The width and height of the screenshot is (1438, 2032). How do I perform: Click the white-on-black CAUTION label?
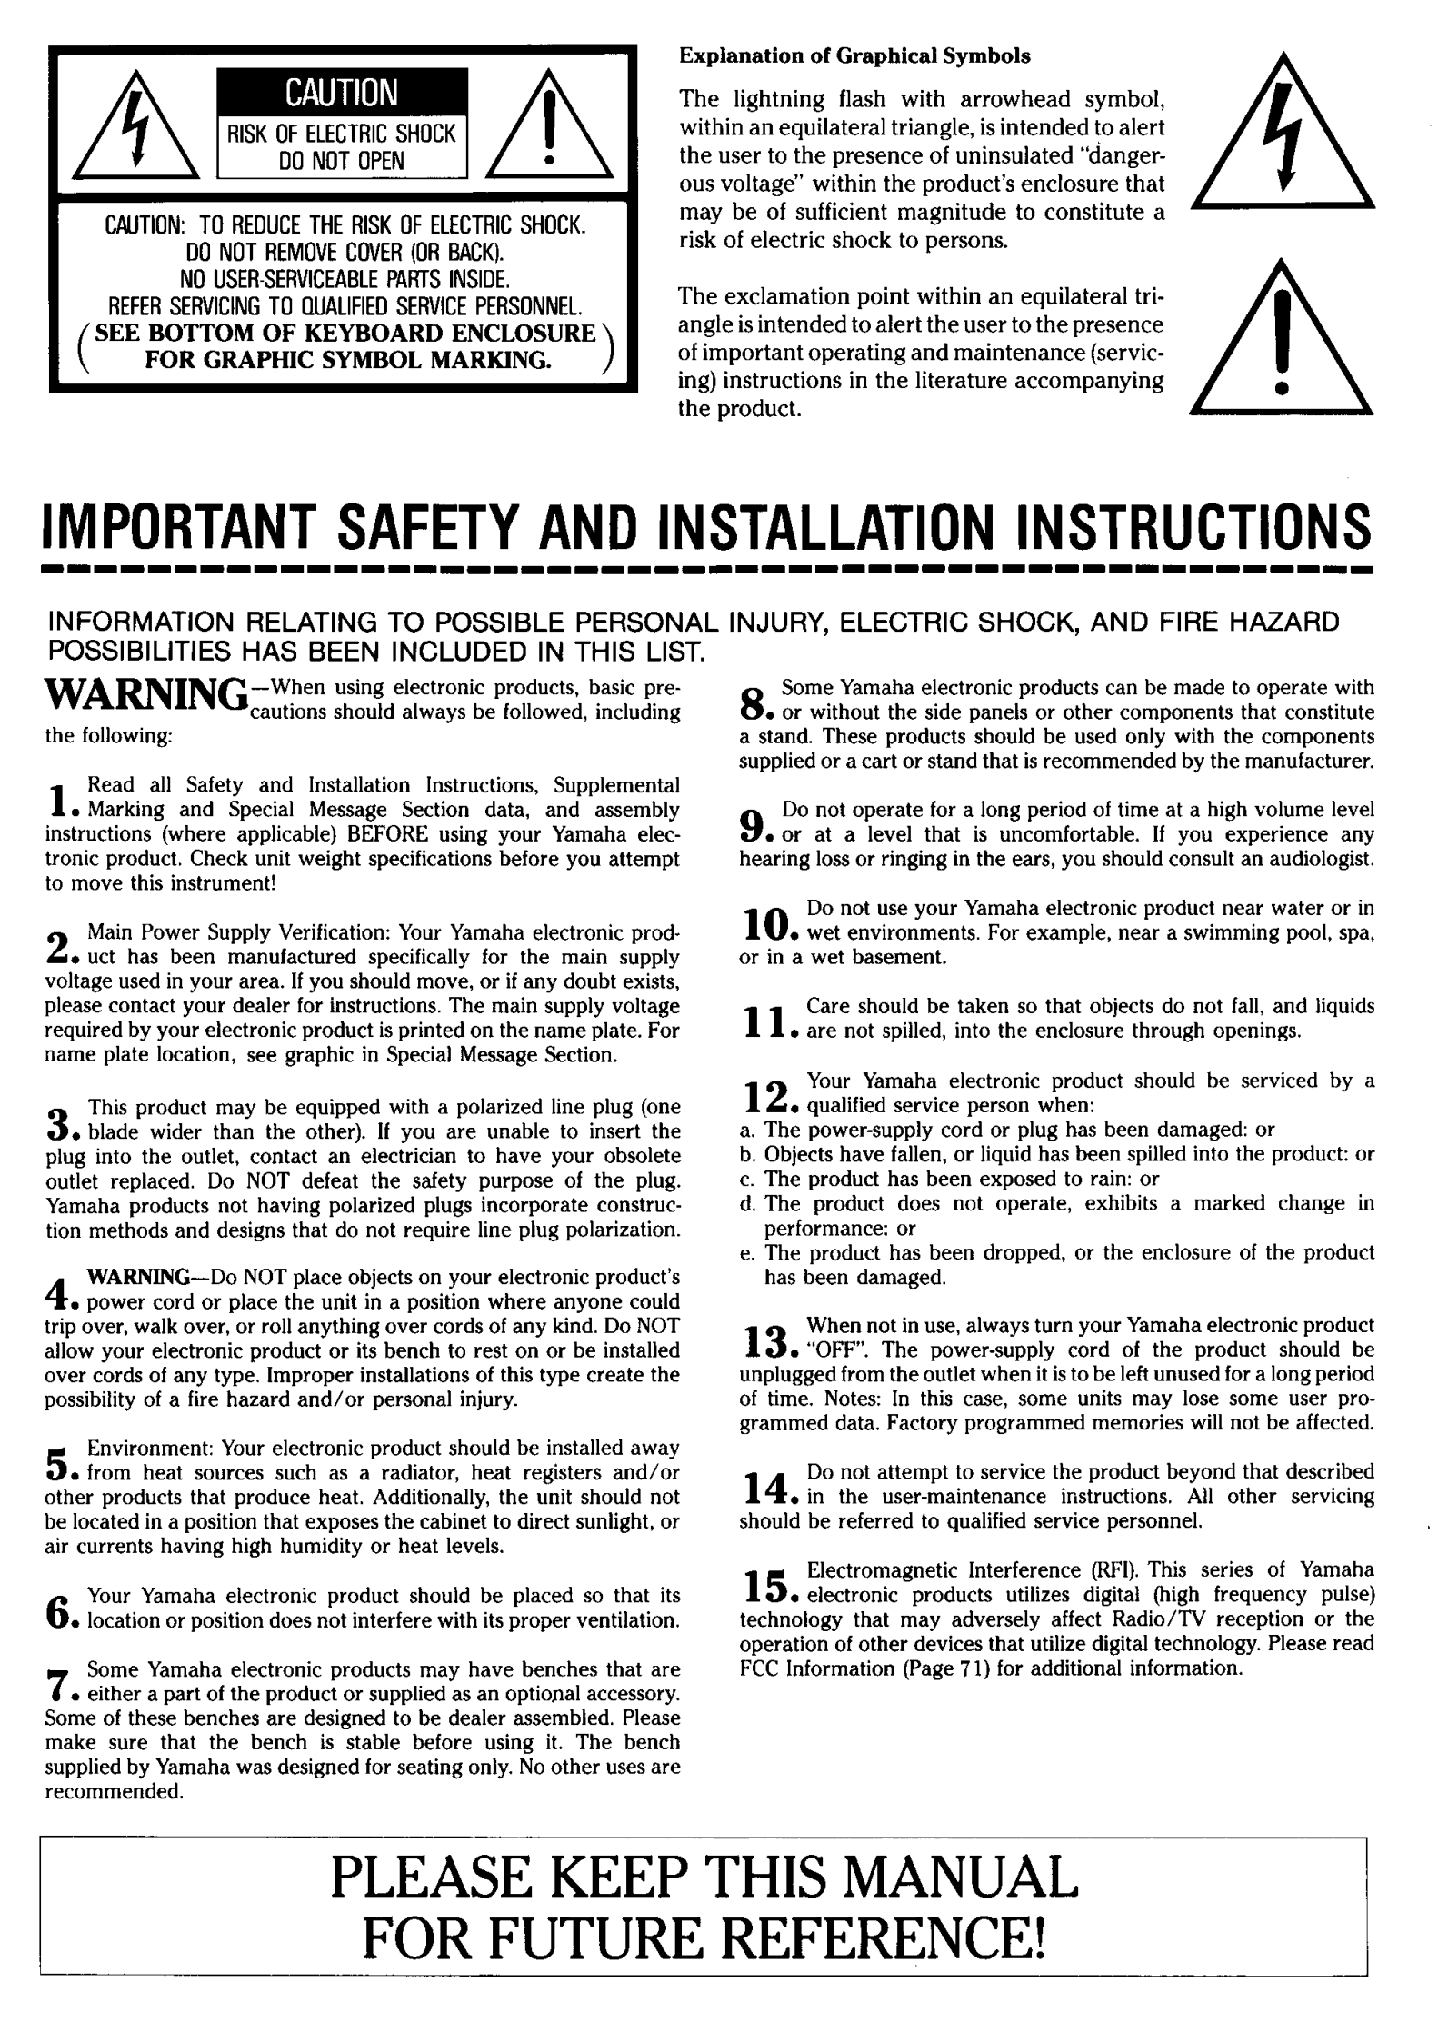click(x=341, y=93)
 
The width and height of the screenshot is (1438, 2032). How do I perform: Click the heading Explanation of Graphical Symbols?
click(x=854, y=56)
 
